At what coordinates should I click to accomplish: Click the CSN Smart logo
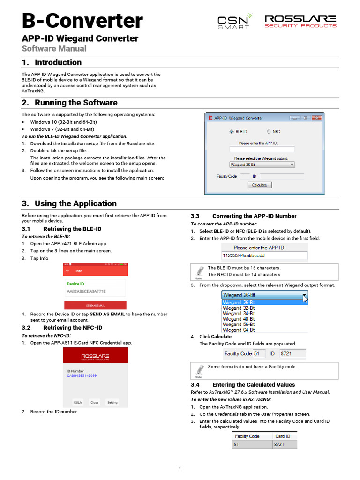235,22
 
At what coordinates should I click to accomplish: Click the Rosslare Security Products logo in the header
300,21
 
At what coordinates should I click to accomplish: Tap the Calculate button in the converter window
259,185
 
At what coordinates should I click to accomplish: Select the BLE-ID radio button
231,132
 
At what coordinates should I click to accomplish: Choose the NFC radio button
269,132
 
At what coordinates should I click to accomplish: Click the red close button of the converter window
316,118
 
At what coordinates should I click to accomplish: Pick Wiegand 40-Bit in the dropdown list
239,319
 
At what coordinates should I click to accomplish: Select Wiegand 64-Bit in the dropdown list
239,330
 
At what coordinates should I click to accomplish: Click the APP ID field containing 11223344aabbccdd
264,256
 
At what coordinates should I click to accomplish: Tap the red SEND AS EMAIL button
95,305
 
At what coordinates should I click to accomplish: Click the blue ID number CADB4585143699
82,376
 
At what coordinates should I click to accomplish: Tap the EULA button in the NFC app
78,402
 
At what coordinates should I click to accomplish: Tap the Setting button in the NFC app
112,402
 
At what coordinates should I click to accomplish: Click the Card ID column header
283,436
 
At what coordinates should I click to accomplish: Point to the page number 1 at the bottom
180,469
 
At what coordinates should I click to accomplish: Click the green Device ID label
75,284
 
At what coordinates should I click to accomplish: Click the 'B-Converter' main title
82,21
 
